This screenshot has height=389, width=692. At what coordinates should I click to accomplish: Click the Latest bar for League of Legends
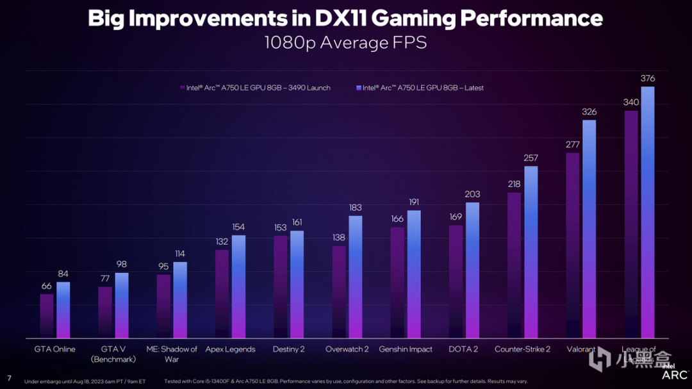coord(648,211)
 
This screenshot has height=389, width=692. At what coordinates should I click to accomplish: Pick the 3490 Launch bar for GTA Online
coord(47,315)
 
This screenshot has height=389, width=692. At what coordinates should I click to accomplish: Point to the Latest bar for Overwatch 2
coord(356,276)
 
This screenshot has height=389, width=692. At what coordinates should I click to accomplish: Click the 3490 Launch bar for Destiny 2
coord(281,286)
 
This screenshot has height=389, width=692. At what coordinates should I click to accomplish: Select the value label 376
coord(648,79)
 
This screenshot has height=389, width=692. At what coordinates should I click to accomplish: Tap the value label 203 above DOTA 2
coord(472,194)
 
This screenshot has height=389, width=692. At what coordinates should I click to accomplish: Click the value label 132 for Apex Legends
coord(222,242)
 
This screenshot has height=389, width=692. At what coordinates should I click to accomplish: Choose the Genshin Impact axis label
coord(406,349)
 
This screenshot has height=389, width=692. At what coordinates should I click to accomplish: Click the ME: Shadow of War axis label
coord(172,354)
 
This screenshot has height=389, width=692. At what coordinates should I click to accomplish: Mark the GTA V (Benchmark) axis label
coord(113,354)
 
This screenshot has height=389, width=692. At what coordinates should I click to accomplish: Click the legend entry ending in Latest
coord(419,88)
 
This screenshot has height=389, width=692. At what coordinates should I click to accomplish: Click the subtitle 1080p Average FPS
coord(345,43)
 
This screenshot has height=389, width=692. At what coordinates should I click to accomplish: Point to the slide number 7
coord(9,377)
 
